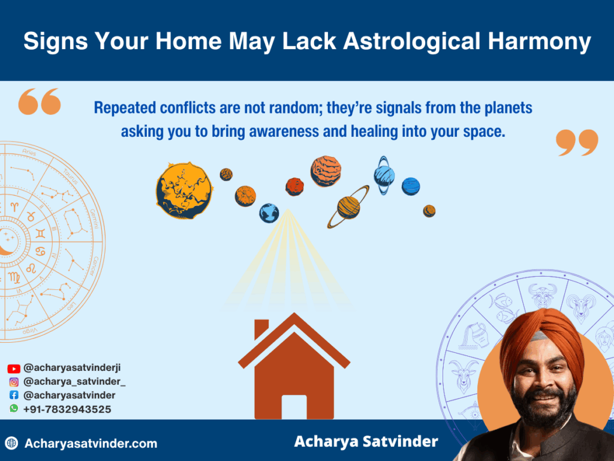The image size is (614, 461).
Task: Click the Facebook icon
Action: tap(14, 396)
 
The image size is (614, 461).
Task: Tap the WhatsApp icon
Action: tap(14, 409)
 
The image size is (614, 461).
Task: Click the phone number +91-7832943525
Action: tap(67, 409)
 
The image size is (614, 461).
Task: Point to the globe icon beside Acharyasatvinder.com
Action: tap(11, 444)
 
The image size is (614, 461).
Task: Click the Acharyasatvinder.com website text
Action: tap(91, 444)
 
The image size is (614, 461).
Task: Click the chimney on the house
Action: tap(261, 330)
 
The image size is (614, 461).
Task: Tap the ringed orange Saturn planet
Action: tap(348, 206)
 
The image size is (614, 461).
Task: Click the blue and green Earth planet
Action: tap(269, 212)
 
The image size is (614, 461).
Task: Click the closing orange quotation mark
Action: tap(577, 142)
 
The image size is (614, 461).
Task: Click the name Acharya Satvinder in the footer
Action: tap(366, 442)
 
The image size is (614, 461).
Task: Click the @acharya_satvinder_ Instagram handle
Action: tap(74, 382)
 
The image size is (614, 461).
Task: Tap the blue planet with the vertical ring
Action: tap(384, 175)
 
